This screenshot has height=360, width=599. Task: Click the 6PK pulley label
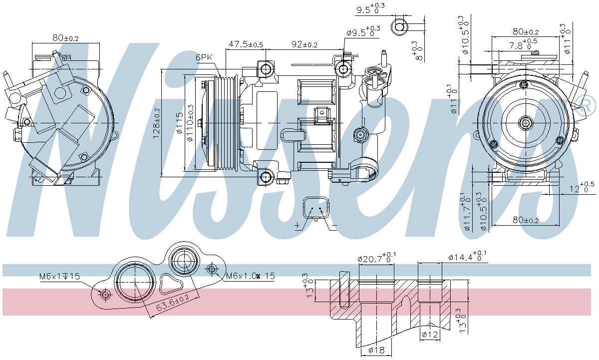205,57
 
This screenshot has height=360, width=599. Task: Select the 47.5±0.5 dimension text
246,44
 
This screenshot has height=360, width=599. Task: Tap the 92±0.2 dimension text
304,44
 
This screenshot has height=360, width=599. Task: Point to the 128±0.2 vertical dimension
156,123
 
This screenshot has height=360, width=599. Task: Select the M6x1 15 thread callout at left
59,276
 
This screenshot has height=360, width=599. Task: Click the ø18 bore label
376,351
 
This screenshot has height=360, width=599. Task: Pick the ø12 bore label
430,334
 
